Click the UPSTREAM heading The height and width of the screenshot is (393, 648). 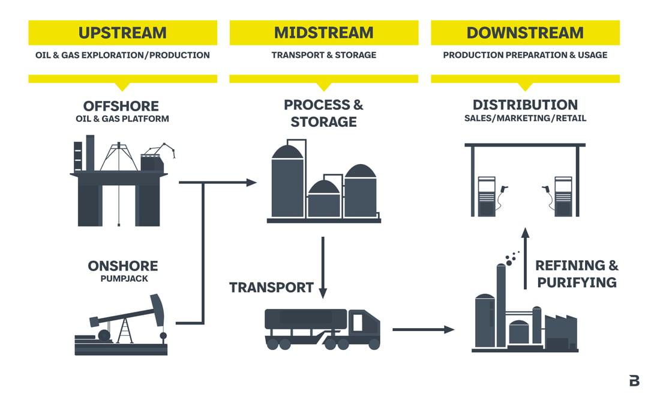(122, 32)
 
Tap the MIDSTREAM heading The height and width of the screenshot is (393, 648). (323, 32)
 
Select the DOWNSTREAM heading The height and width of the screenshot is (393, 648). (525, 32)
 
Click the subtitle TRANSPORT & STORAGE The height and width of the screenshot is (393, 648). (323, 55)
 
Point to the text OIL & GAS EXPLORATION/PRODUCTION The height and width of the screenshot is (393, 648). (122, 55)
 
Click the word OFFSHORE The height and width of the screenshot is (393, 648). (121, 106)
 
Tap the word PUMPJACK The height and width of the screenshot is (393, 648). (123, 279)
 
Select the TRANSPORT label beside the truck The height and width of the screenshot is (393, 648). (271, 287)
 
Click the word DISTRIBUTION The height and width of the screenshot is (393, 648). (525, 105)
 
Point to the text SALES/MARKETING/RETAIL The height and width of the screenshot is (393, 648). (525, 118)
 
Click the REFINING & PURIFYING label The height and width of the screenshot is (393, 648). (577, 273)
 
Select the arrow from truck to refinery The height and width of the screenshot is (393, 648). (423, 329)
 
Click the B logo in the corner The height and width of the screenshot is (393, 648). (634, 380)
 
